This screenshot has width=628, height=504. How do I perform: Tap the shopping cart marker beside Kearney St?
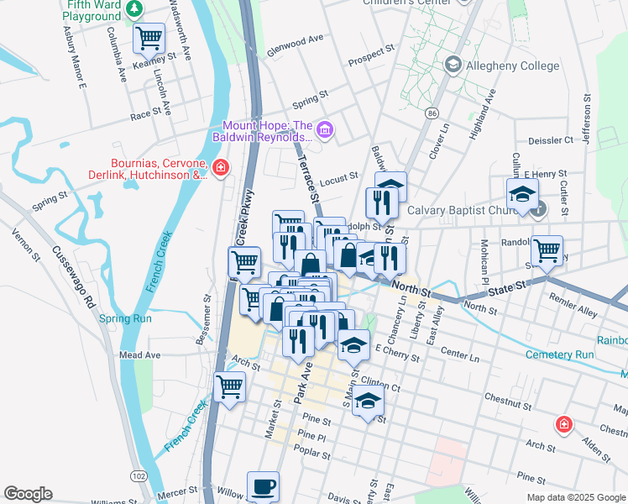point(149,38)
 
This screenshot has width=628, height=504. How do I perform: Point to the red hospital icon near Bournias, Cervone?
point(220,169)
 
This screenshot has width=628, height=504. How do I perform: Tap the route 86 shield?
point(432,113)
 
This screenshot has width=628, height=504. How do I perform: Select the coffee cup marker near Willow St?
point(264,486)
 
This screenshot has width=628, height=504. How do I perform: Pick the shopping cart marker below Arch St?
point(229,388)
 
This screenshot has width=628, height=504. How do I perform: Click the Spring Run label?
point(125,318)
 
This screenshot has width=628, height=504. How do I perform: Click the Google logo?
point(28,494)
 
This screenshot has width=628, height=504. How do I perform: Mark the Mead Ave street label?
point(139,355)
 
